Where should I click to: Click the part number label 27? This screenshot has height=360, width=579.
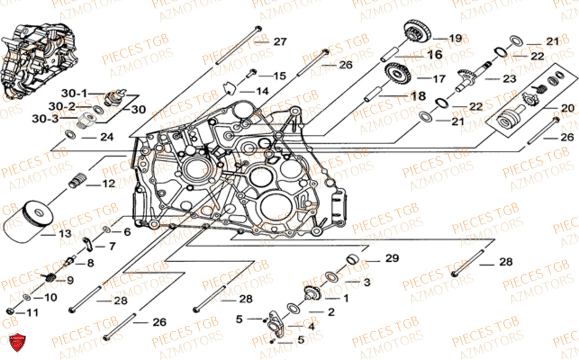click(x=280, y=42)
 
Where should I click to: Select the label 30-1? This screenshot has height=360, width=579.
click(x=76, y=93)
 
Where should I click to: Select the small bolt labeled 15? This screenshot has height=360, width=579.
click(x=253, y=74)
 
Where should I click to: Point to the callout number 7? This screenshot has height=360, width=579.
click(x=112, y=247)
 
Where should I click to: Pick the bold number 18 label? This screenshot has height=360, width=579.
click(x=417, y=95)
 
